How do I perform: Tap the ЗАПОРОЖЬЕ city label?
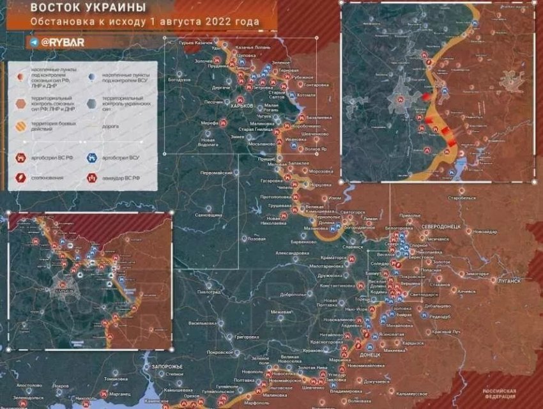(168, 366)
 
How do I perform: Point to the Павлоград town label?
(208, 291)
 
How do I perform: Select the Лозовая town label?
(256, 238)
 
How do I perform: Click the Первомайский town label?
(217, 173)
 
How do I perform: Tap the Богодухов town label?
(180, 81)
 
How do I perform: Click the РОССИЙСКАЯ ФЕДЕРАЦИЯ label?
(499, 393)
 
